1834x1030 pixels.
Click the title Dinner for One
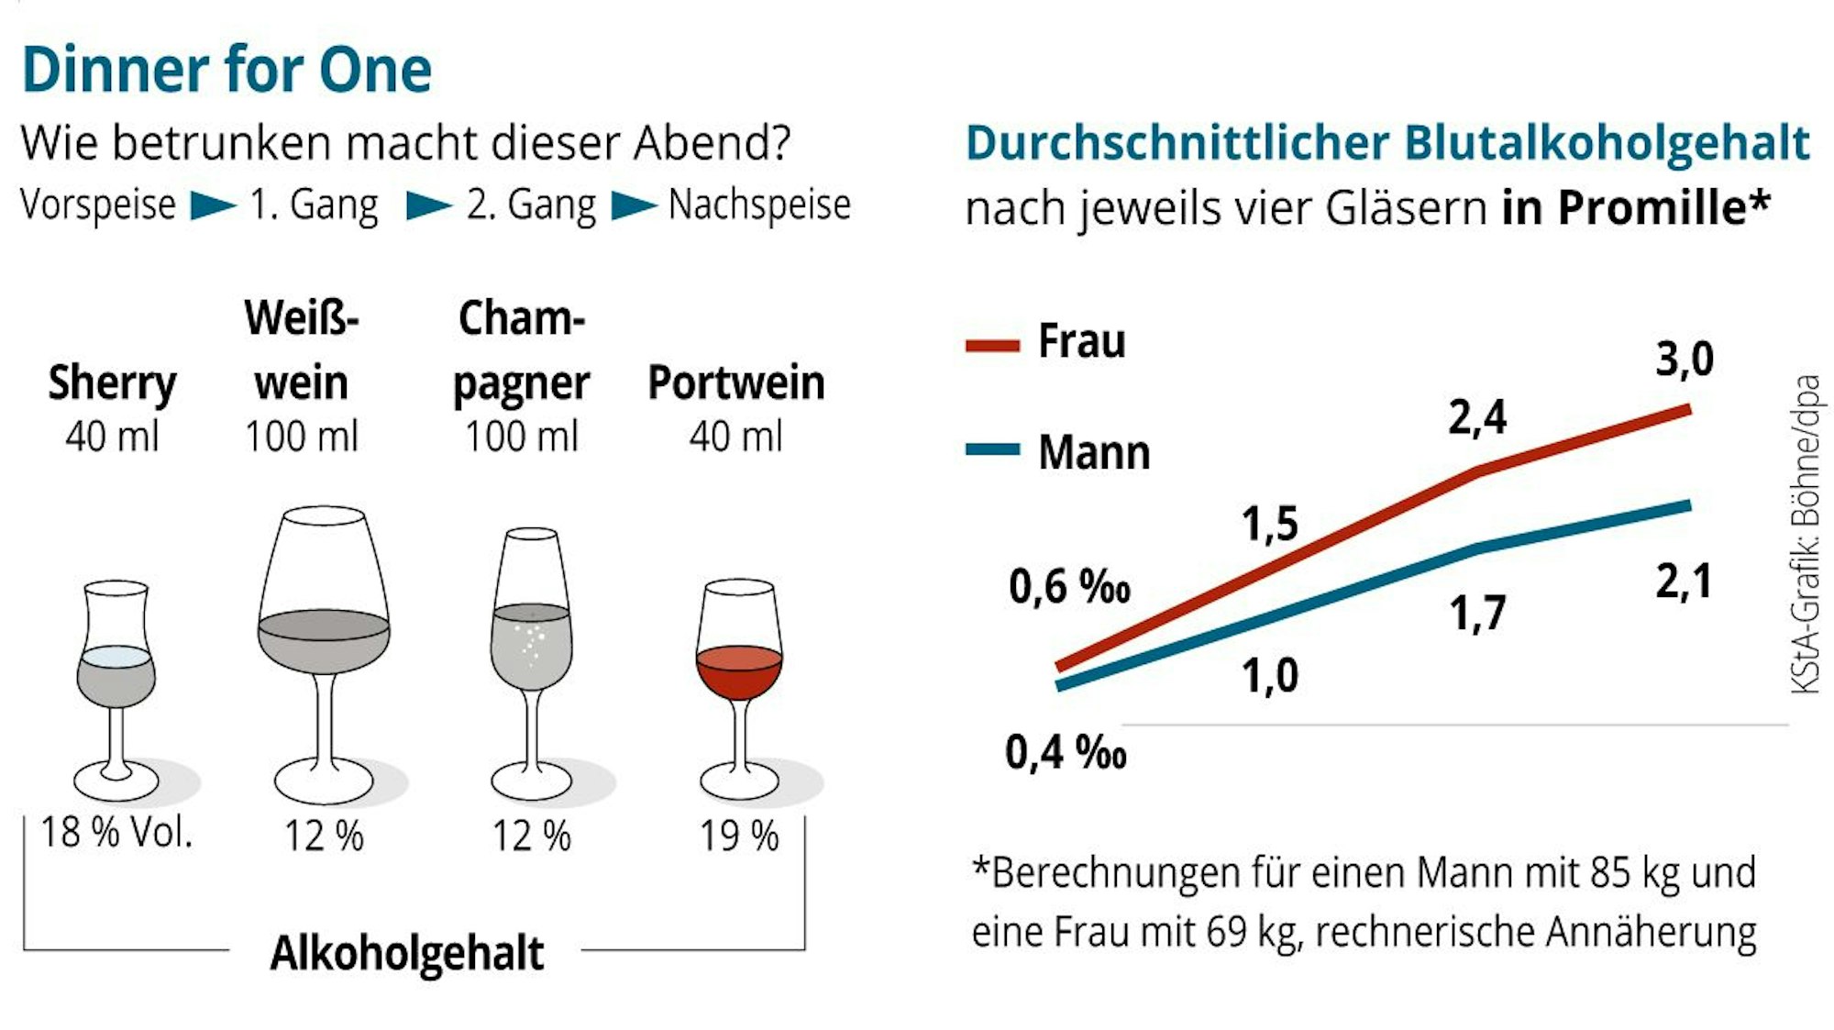click(x=226, y=70)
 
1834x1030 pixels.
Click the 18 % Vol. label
click(x=116, y=832)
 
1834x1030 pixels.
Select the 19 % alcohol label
click(x=738, y=836)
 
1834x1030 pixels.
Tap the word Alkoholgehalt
click(x=406, y=953)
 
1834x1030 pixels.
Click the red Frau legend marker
click(x=992, y=346)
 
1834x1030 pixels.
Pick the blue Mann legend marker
click(x=992, y=449)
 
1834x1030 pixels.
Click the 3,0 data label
click(x=1684, y=359)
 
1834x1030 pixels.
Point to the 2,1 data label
click(x=1684, y=581)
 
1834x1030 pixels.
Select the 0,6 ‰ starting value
click(x=1068, y=587)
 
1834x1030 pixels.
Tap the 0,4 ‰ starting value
click(x=1065, y=752)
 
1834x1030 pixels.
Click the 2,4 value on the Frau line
click(x=1477, y=417)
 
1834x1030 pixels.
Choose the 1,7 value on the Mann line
click(x=1477, y=613)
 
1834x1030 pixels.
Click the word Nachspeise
click(x=759, y=205)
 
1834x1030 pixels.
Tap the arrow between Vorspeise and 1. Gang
click(x=213, y=205)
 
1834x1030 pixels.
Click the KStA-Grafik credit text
click(x=1805, y=534)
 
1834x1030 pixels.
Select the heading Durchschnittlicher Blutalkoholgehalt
click(x=1387, y=143)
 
